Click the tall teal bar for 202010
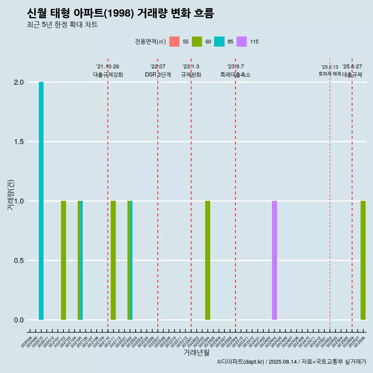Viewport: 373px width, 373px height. coord(41,201)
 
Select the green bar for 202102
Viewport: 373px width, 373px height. coord(63,260)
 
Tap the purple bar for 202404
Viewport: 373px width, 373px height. coord(274,260)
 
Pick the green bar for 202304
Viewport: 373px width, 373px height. coord(207,260)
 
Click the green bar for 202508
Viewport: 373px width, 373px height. coord(363,260)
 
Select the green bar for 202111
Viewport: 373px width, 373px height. coord(113,260)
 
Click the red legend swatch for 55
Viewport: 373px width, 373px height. coord(174,42)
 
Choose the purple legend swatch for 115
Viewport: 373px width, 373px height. coord(242,42)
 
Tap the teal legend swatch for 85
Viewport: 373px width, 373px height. coord(219,42)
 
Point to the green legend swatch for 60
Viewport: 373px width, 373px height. coord(197,42)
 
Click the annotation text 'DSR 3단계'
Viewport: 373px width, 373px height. coord(158,75)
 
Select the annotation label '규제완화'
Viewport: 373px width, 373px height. coord(191,75)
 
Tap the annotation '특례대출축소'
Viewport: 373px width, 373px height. coord(235,75)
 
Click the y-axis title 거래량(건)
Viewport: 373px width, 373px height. coord(11,194)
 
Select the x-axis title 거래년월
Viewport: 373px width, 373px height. coord(196,353)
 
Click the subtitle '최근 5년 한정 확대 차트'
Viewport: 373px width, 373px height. coord(62,25)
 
